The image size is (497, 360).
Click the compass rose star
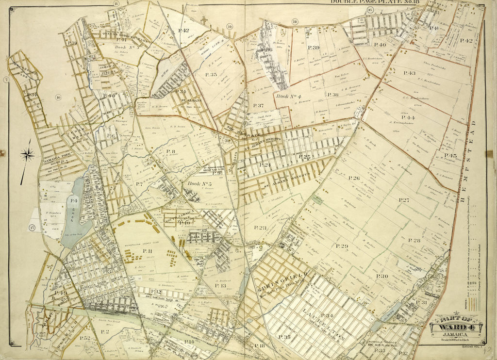pyautogui.click(x=27, y=155)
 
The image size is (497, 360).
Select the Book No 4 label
pyautogui.click(x=290, y=96)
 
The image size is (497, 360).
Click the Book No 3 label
pyautogui.click(x=128, y=47)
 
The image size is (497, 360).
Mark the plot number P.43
pyautogui.click(x=409, y=73)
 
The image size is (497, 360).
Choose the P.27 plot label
pyautogui.click(x=404, y=200)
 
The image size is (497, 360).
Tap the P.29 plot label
pyautogui.click(x=342, y=246)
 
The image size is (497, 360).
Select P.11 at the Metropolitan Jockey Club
pyautogui.click(x=148, y=250)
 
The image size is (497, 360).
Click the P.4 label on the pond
pyautogui.click(x=74, y=200)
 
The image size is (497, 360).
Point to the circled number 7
pyautogui.click(x=6, y=80)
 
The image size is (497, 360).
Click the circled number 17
pyautogui.click(x=32, y=228)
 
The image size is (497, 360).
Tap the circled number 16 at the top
pyautogui.click(x=370, y=10)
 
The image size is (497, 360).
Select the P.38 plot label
pyautogui.click(x=332, y=95)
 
